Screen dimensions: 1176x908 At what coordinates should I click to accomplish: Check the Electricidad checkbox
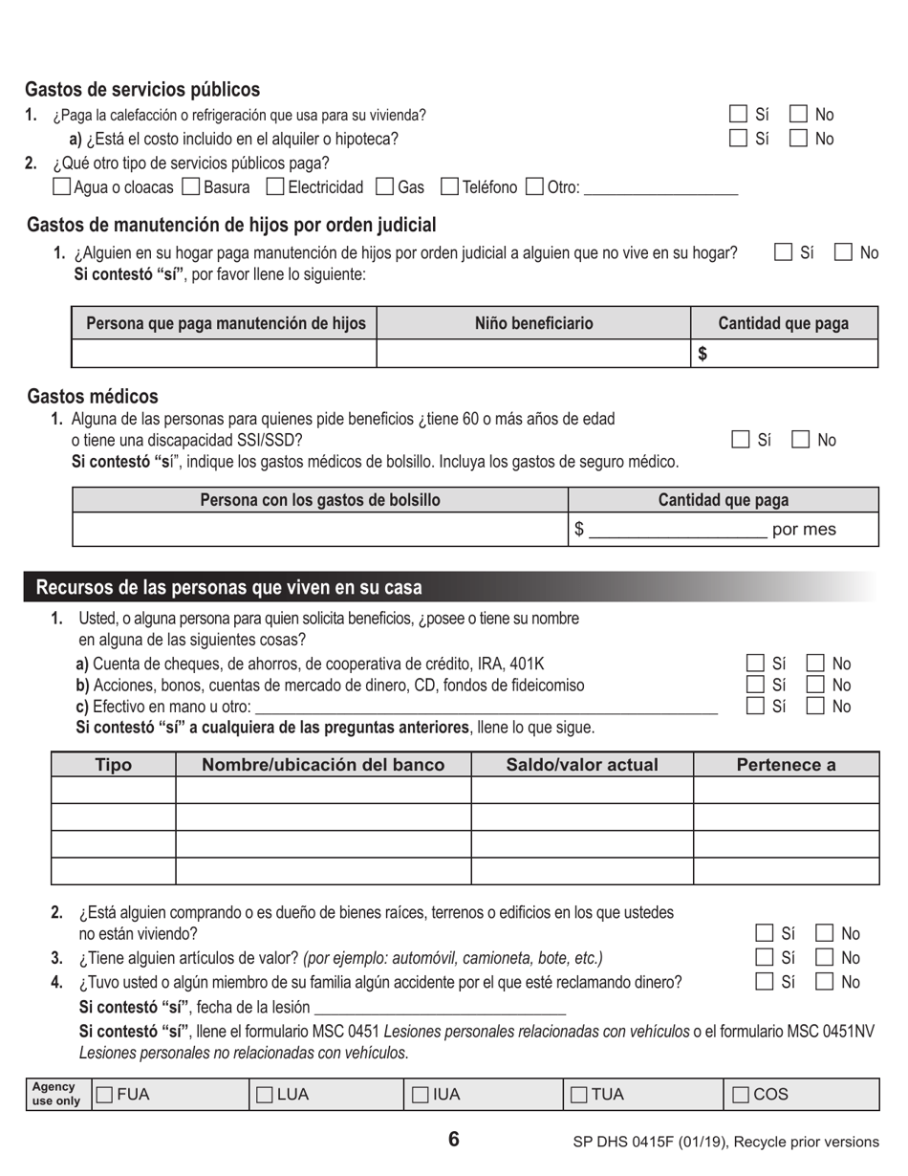click(x=275, y=187)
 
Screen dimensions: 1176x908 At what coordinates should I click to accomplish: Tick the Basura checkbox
click(x=190, y=187)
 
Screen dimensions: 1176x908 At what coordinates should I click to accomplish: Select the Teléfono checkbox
click(x=449, y=187)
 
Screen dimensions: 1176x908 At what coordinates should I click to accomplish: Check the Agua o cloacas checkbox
click(x=61, y=187)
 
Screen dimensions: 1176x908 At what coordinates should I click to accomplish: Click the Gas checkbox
click(x=385, y=187)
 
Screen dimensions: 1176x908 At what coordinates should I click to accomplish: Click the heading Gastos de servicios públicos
click(x=142, y=90)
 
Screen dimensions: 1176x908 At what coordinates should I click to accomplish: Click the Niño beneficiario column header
click(x=533, y=323)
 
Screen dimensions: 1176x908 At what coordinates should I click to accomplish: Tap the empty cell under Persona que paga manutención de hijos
click(x=224, y=354)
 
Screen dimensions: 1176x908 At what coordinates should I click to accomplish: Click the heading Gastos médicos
click(x=93, y=396)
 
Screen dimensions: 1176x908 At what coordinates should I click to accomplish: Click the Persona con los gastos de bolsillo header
click(x=320, y=500)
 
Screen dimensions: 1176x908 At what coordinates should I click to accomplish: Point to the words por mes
click(x=803, y=530)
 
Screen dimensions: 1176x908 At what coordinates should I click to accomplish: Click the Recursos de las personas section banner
click(x=229, y=587)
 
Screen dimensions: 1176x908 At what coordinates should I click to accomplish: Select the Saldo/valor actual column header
click(x=581, y=765)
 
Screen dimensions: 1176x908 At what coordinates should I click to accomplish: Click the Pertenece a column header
click(x=786, y=765)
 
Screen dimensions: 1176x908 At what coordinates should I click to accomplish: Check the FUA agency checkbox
click(x=105, y=1095)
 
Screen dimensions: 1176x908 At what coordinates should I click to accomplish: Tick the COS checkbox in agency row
click(x=742, y=1095)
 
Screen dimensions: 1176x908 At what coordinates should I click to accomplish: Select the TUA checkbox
click(x=580, y=1095)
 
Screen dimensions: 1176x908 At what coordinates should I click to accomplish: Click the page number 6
click(x=453, y=1139)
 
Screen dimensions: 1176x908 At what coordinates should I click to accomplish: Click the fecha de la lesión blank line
click(x=440, y=1008)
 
